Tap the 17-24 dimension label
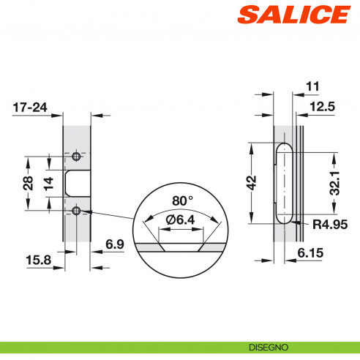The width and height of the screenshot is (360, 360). pos(30,108)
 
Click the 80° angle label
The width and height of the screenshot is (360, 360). pos(182,200)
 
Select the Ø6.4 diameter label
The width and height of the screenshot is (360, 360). pos(180,220)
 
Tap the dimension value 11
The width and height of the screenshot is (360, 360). pos(312,86)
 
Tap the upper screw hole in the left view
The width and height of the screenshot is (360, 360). pos(77,157)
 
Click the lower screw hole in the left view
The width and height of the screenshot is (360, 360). pos(77,211)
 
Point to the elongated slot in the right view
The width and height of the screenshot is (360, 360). pos(283,182)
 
